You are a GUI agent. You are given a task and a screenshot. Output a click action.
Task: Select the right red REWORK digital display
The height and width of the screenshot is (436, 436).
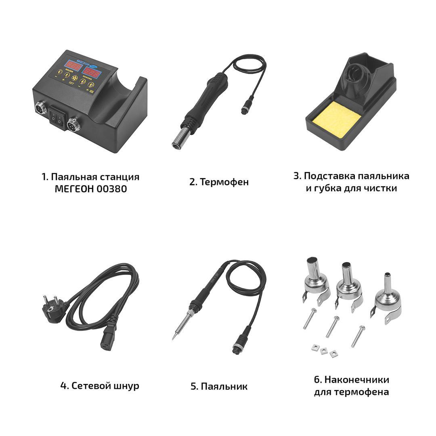(x=91, y=73)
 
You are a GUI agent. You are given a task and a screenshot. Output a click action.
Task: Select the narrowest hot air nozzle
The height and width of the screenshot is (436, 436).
(x=388, y=299)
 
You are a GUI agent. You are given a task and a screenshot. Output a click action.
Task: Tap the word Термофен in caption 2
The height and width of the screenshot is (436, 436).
(x=224, y=182)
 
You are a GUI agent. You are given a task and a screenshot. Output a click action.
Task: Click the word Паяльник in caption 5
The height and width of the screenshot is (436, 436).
(x=224, y=386)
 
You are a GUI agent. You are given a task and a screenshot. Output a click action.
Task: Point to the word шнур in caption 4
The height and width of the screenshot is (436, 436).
(x=126, y=386)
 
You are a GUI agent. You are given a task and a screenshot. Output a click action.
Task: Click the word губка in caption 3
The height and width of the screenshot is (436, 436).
(x=328, y=189)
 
